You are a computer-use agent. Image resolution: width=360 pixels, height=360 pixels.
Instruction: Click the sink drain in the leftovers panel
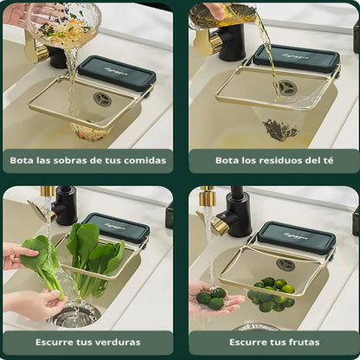(x=103, y=99)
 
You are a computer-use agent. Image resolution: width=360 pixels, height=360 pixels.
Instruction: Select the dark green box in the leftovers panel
(x=116, y=73)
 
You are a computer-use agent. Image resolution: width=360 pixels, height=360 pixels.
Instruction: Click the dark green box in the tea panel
(x=296, y=58)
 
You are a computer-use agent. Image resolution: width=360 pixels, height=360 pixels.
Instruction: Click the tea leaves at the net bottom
(x=280, y=129)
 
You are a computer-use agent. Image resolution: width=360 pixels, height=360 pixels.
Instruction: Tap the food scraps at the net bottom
(x=89, y=132)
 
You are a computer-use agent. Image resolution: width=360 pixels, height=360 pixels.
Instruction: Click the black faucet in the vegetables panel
(x=64, y=206)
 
